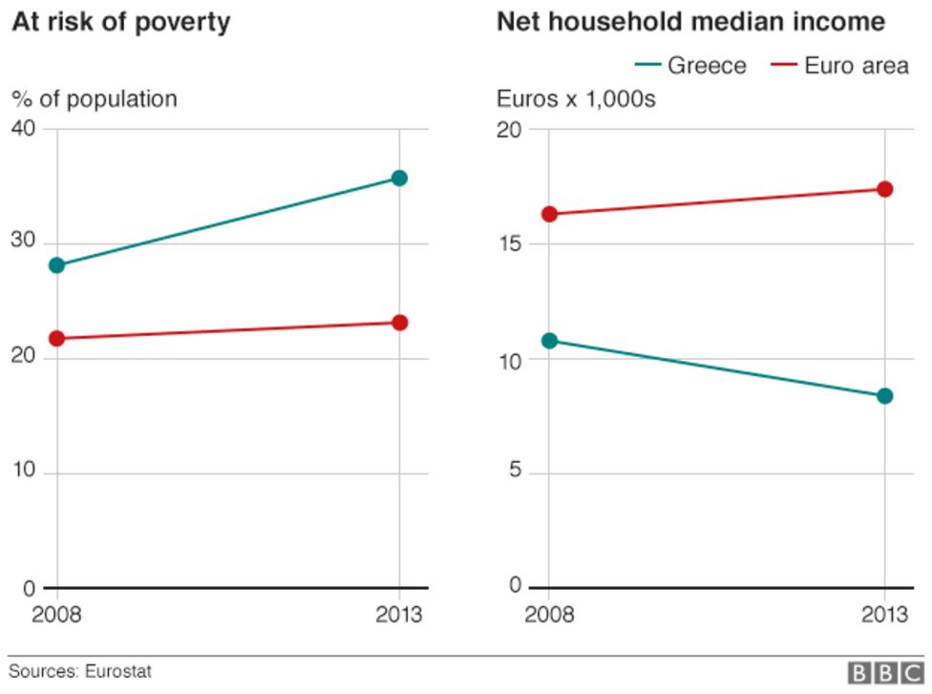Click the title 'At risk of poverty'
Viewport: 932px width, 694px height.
(x=120, y=22)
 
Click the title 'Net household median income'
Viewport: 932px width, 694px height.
(x=690, y=22)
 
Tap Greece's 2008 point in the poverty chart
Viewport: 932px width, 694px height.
(x=57, y=265)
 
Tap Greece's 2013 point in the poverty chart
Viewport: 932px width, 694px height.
(x=399, y=179)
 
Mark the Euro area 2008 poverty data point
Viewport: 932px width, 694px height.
(x=57, y=338)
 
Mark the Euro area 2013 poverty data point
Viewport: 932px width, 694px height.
(x=399, y=323)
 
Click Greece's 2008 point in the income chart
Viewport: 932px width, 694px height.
(x=549, y=341)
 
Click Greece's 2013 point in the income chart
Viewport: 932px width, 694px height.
(x=885, y=396)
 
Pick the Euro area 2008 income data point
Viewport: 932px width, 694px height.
(x=549, y=214)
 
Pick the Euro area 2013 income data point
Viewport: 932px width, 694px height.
(x=885, y=189)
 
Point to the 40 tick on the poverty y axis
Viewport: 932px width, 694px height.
(x=24, y=129)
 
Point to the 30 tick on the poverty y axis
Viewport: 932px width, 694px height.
(x=24, y=243)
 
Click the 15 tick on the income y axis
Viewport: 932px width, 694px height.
(x=517, y=243)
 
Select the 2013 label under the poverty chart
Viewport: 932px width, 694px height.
(x=398, y=614)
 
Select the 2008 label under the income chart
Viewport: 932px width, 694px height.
(x=549, y=614)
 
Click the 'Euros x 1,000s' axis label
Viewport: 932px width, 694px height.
(x=575, y=98)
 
